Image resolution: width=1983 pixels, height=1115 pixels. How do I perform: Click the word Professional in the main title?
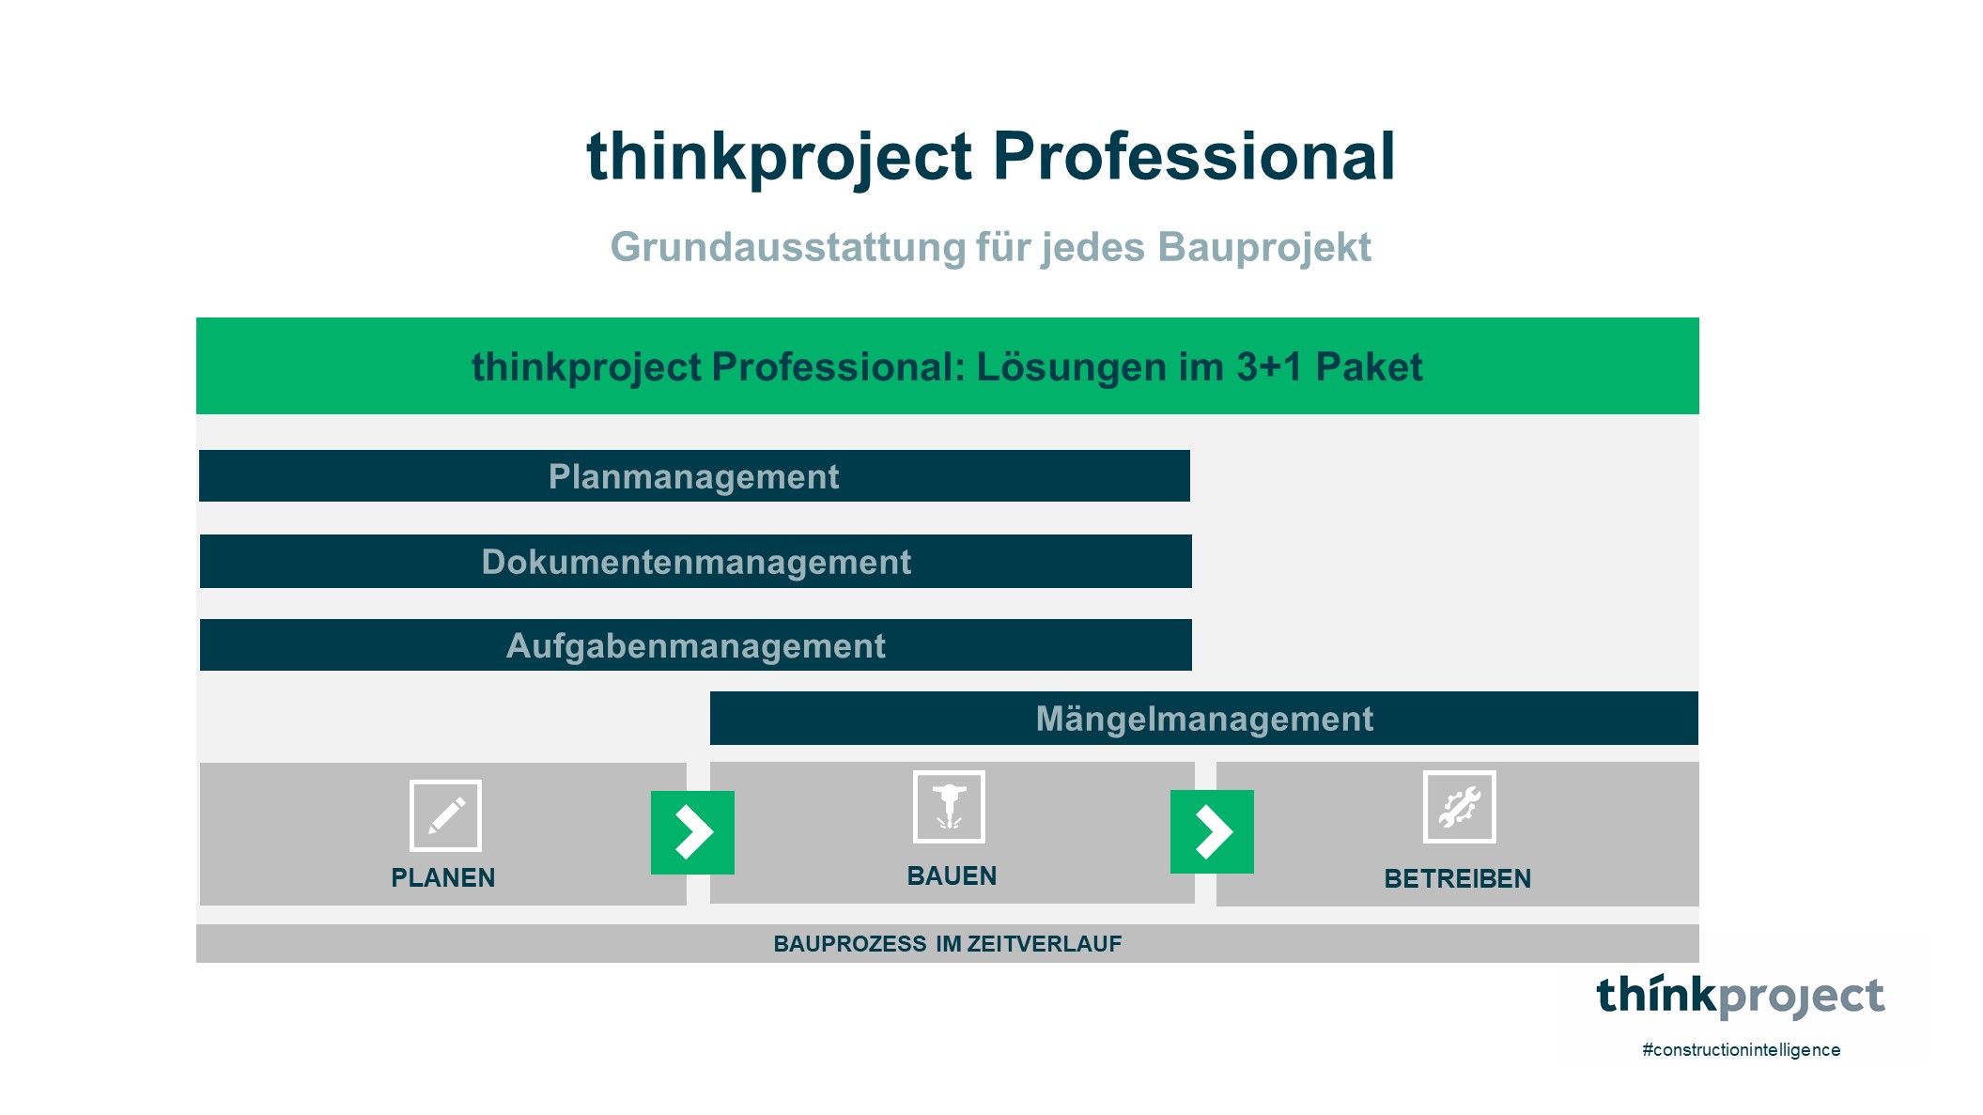click(x=1193, y=156)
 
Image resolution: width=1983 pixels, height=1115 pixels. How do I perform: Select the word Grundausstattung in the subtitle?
click(x=787, y=248)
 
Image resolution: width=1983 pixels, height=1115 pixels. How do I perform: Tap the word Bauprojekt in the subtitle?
click(x=1263, y=248)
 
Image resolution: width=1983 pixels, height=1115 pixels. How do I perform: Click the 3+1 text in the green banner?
click(x=1269, y=367)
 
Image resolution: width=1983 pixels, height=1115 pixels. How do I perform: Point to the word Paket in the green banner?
click(x=1369, y=367)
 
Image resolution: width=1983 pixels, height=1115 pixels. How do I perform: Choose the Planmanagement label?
click(x=693, y=477)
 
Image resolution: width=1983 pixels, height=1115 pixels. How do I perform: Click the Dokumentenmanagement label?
click(x=696, y=562)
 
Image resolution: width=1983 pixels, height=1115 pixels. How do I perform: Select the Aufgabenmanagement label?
click(x=695, y=646)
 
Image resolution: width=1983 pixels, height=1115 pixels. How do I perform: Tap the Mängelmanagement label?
click(x=1204, y=719)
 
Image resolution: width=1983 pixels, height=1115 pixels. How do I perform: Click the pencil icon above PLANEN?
click(x=445, y=815)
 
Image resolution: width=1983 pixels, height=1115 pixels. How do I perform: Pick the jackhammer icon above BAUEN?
click(x=949, y=807)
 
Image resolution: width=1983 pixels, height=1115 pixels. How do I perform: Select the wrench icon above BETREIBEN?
click(x=1459, y=807)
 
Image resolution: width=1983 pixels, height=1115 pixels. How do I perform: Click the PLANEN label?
click(x=442, y=877)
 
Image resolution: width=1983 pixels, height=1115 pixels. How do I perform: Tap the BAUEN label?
click(x=952, y=875)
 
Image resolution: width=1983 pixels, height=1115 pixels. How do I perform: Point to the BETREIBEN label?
click(x=1457, y=878)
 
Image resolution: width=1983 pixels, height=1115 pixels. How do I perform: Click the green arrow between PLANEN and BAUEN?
click(x=692, y=832)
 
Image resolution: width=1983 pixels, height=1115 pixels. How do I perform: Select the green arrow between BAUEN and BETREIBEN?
click(x=1212, y=831)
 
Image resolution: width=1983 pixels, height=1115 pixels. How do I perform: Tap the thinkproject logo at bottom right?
click(x=1740, y=997)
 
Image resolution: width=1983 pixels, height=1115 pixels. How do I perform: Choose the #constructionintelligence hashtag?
click(x=1741, y=1050)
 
